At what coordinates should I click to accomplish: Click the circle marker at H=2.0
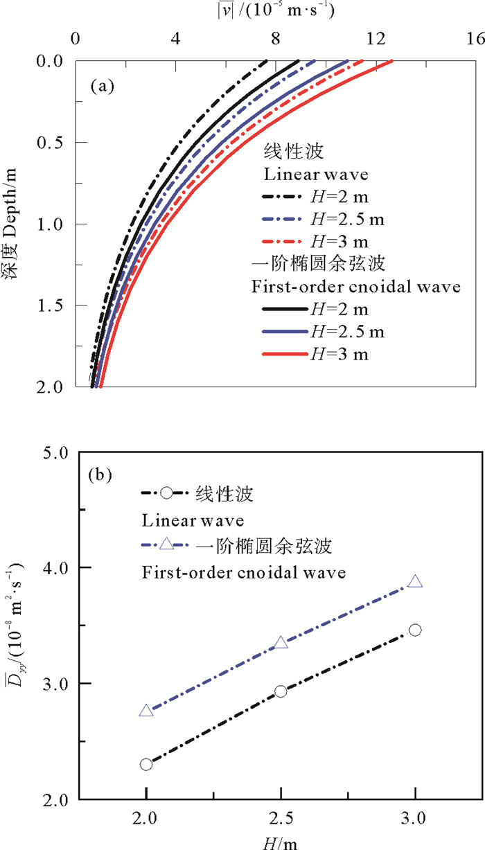coord(146,764)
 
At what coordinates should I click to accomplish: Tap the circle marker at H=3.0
coord(415,630)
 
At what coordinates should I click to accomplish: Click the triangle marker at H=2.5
coord(281,643)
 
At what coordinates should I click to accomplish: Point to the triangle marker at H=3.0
coord(415,582)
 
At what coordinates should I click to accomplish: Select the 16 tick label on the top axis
coord(476,39)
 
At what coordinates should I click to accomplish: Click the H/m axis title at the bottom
coord(280,840)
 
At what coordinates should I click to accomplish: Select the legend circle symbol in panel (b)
coord(166,493)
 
